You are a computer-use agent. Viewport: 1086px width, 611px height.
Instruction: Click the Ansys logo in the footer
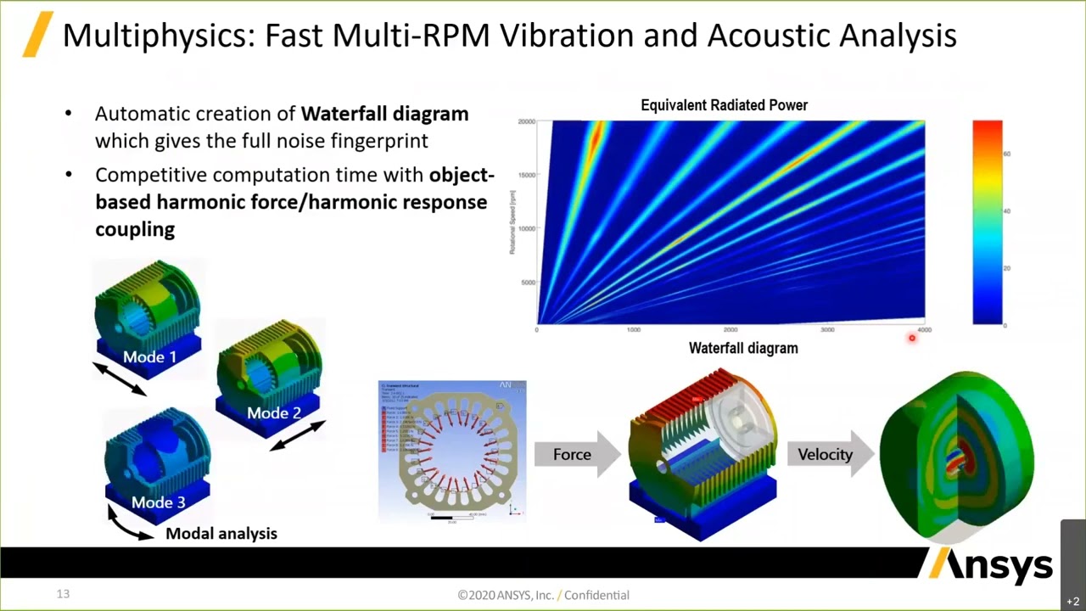[x=991, y=566]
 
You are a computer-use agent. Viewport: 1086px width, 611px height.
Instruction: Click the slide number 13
[x=63, y=594]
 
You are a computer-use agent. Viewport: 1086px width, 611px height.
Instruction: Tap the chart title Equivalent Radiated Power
[x=724, y=105]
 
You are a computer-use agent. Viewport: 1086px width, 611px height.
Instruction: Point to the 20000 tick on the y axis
[x=526, y=122]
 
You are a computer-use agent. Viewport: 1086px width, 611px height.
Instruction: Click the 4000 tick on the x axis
[x=924, y=329]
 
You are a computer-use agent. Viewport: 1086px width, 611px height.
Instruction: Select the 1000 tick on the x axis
[x=633, y=329]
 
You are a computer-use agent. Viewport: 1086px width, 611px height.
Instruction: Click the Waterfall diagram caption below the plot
[x=743, y=348]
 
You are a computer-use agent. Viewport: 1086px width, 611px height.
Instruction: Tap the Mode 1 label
[x=149, y=357]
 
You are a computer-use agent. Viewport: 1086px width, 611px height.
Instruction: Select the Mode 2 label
[x=273, y=413]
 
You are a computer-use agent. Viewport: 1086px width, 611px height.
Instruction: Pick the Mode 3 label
[x=158, y=502]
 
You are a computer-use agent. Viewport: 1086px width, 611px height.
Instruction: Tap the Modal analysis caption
[x=221, y=534]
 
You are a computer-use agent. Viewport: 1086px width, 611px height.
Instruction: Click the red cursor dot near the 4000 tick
[x=912, y=338]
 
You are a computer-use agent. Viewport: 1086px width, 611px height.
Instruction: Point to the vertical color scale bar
[x=987, y=222]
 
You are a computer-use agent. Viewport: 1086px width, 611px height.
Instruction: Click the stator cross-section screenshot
[x=451, y=450]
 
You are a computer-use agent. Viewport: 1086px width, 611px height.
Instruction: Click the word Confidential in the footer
[x=596, y=595]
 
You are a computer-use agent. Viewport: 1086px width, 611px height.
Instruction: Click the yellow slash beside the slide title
[x=37, y=34]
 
